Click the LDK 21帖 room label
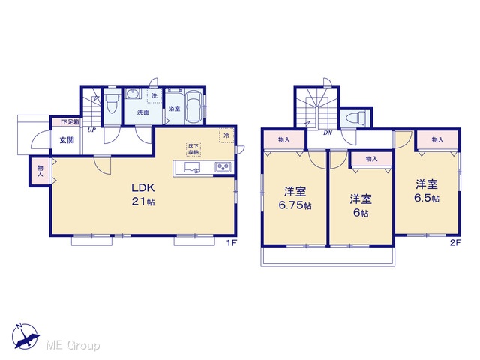[143, 194]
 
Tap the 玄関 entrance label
[67, 140]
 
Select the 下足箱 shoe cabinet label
[70, 122]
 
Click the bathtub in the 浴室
[193, 106]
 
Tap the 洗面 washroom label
[142, 112]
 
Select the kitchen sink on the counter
[192, 168]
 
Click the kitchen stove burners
[223, 167]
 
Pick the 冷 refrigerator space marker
[226, 136]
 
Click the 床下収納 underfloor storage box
[193, 149]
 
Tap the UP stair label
[91, 130]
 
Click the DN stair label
[328, 133]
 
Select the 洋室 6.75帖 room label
[295, 198]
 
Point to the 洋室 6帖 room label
[361, 205]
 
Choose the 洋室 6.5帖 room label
[427, 191]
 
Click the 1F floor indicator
[232, 243]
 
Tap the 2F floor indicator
[455, 243]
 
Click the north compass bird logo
[25, 336]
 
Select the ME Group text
[73, 345]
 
